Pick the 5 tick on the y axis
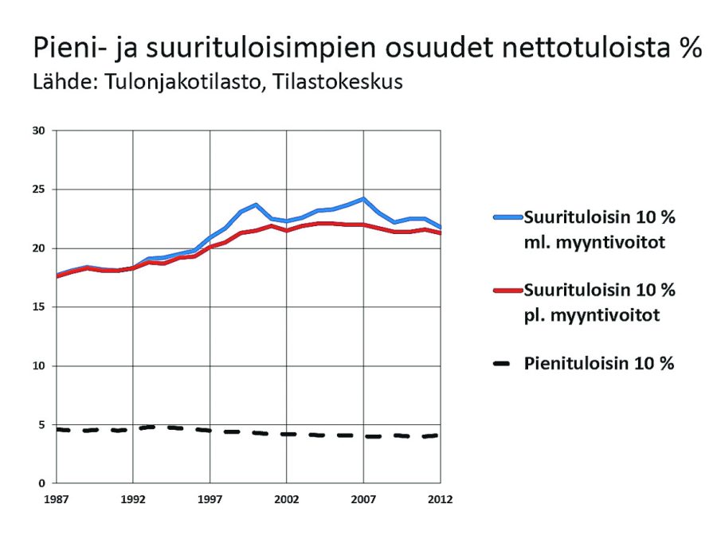click(x=42, y=425)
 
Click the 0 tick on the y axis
click(x=42, y=483)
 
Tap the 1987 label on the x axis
click(x=55, y=500)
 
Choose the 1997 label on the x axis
click(x=210, y=500)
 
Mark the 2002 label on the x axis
click(x=286, y=500)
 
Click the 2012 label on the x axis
click(x=440, y=500)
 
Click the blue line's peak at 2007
click(x=363, y=198)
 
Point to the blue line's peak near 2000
click(x=256, y=205)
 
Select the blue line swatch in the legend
click(x=507, y=217)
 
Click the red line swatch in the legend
click(x=507, y=290)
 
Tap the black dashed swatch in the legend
click(x=507, y=364)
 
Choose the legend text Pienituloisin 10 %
click(x=600, y=364)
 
